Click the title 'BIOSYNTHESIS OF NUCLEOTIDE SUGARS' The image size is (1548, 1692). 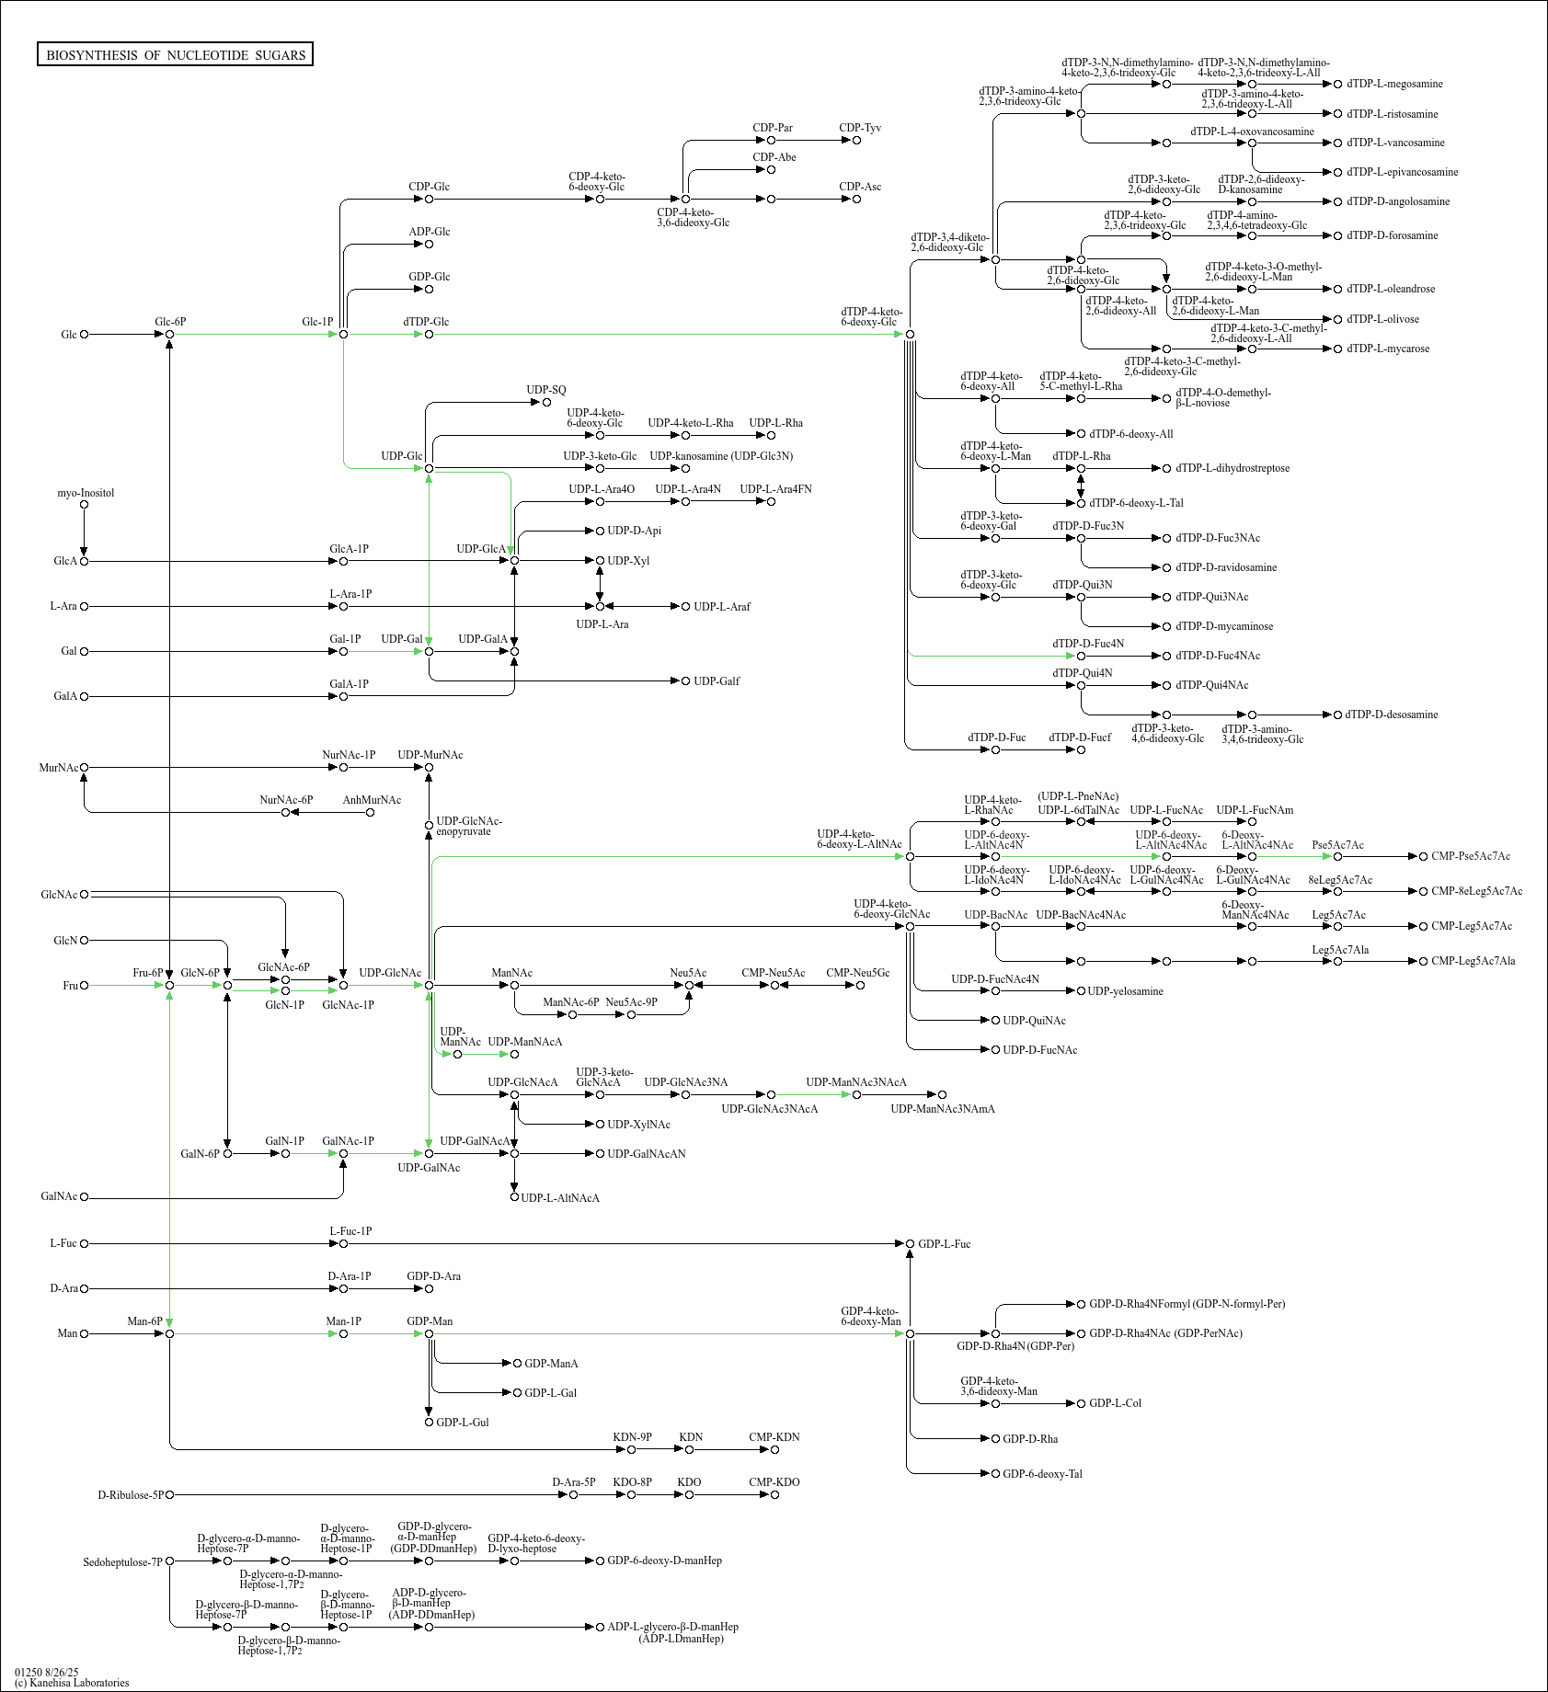pyautogui.click(x=175, y=55)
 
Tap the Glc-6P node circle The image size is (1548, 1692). pyautogui.click(x=170, y=335)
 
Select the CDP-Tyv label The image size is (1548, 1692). pyautogui.click(x=860, y=128)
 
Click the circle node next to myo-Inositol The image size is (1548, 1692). pyautogui.click(x=85, y=504)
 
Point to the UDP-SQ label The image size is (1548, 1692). pyautogui.click(x=546, y=390)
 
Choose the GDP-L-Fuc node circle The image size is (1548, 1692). pyautogui.click(x=911, y=1244)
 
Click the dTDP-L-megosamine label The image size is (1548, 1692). pyautogui.click(x=1394, y=85)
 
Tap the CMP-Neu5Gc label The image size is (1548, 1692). pyautogui.click(x=857, y=973)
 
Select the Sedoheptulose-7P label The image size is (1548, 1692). pyautogui.click(x=122, y=1561)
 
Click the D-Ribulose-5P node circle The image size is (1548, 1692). pyautogui.click(x=170, y=1495)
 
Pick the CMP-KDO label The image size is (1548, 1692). pyautogui.click(x=774, y=1482)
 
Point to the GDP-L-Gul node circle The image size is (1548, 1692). pyautogui.click(x=429, y=1423)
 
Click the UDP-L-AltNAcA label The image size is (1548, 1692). pyautogui.click(x=560, y=1198)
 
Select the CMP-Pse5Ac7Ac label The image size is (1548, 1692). pyautogui.click(x=1471, y=856)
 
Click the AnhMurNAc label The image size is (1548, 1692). pyautogui.click(x=372, y=800)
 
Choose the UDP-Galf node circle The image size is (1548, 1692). pyautogui.click(x=685, y=681)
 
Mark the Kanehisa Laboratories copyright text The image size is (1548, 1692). pyautogui.click(x=72, y=1683)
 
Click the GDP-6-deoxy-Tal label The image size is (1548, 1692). pyautogui.click(x=1042, y=1474)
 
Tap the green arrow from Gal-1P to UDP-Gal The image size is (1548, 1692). pyautogui.click(x=386, y=652)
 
